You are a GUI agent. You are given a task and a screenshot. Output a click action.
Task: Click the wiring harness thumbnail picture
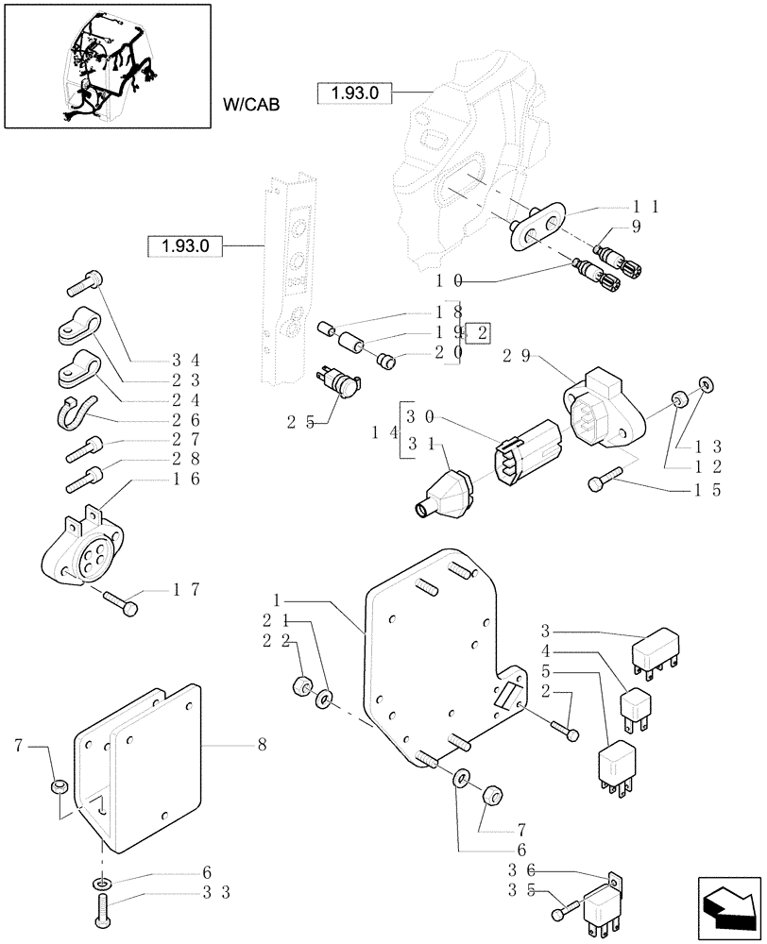[x=107, y=65]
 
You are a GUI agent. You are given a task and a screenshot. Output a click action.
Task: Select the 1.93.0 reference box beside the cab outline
[x=354, y=93]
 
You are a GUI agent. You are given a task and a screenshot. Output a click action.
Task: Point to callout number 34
[x=186, y=360]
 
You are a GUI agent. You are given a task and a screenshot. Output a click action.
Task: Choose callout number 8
[x=261, y=745]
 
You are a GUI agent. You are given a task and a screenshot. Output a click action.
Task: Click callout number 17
[x=185, y=590]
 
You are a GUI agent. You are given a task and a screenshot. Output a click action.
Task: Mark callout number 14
[x=383, y=431]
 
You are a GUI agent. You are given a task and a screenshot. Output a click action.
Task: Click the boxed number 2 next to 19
[x=483, y=331]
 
